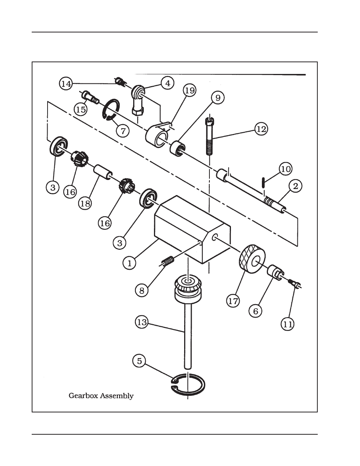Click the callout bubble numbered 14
pyautogui.click(x=66, y=83)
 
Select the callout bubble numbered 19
pyautogui.click(x=190, y=91)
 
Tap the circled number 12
pyautogui.click(x=261, y=129)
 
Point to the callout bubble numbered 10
pyautogui.click(x=286, y=168)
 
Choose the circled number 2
pyautogui.click(x=295, y=186)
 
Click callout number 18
pyautogui.click(x=85, y=204)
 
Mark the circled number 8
pyautogui.click(x=142, y=290)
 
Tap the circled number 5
pyautogui.click(x=139, y=361)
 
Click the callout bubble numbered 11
pyautogui.click(x=288, y=324)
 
